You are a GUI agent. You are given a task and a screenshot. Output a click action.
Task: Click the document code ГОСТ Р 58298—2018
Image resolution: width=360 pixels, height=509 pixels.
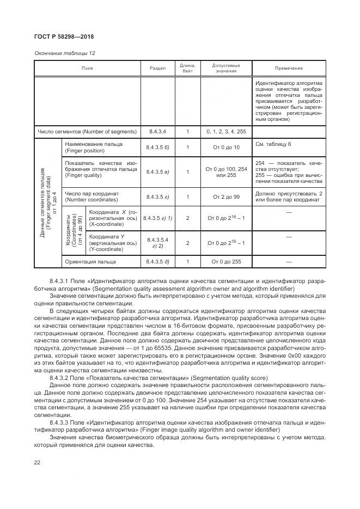coord(64,38)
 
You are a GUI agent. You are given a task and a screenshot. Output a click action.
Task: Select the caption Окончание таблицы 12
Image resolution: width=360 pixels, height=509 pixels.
coord(64,53)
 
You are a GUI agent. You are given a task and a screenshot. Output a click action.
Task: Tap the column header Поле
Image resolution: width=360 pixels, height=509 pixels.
coord(87,68)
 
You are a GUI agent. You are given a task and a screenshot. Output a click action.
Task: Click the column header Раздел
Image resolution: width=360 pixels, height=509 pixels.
coord(157,68)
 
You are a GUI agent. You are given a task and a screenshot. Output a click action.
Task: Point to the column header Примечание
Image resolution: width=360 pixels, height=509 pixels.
coord(289,68)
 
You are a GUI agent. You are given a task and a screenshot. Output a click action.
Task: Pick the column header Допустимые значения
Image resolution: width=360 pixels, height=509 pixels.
coord(225,68)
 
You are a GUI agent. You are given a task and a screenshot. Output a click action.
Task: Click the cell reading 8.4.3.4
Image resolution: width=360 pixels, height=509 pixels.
coord(157,132)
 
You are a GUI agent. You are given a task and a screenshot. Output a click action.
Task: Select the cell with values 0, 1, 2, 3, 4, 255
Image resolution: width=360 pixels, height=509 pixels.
coord(225,132)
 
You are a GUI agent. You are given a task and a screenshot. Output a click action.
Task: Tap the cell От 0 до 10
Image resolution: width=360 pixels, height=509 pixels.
coord(225,148)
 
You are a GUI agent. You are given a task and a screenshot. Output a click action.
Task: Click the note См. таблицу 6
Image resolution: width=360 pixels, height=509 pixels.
coord(273,144)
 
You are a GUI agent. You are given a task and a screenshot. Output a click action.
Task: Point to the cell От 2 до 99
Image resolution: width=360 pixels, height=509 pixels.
coord(225,197)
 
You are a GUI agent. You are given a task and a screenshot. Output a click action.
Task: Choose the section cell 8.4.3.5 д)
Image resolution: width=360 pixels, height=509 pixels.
coord(157,262)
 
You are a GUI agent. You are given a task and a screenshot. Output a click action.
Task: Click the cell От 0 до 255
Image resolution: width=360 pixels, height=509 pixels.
coord(225,262)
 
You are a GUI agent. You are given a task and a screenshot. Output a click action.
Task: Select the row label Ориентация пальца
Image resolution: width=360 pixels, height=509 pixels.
coord(90,262)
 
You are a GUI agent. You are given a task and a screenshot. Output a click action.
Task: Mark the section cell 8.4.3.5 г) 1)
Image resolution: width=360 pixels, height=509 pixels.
coord(157,218)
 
